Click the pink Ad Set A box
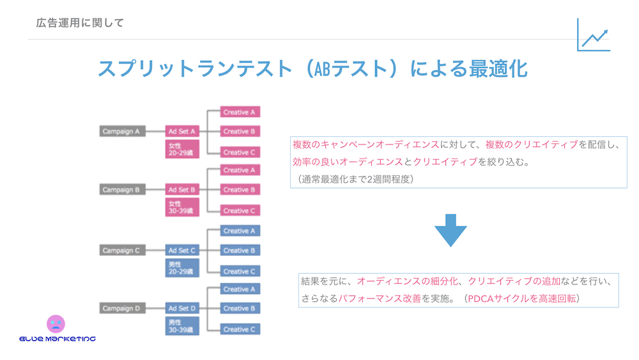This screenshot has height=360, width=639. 182,132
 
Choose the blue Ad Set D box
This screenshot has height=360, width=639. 182,309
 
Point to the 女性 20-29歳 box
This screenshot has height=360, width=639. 182,149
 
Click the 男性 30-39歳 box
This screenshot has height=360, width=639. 182,326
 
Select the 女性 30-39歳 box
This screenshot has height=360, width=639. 182,207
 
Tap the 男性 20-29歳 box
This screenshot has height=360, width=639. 182,268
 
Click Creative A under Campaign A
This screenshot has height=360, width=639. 240,113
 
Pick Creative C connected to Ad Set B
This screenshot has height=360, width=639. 240,210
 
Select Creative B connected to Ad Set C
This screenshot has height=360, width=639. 240,251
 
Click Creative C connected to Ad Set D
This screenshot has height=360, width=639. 240,329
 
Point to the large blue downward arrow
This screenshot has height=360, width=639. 450,230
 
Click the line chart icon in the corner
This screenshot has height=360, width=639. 594,35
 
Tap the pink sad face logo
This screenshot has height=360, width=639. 56,324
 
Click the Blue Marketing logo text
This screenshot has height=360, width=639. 58,338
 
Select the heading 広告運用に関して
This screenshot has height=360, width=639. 81,23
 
